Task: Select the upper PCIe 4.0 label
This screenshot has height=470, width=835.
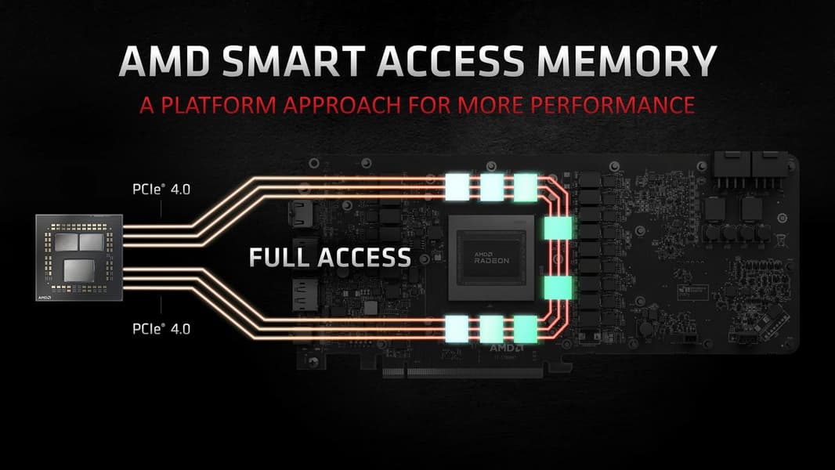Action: click(x=161, y=189)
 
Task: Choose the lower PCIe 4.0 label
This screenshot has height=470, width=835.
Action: click(x=161, y=328)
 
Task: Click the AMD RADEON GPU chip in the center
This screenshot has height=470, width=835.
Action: click(x=491, y=258)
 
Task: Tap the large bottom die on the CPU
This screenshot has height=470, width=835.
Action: click(x=79, y=269)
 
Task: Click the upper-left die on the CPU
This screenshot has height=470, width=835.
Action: click(x=66, y=242)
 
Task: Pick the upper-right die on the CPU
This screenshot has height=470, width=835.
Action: click(x=92, y=242)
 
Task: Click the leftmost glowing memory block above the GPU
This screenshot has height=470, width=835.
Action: click(x=457, y=187)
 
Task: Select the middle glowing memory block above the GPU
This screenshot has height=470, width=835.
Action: click(x=491, y=187)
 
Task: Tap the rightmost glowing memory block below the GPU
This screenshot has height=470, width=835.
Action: click(x=525, y=329)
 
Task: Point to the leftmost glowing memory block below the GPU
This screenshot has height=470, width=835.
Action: click(x=457, y=329)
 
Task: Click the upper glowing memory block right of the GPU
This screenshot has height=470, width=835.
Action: click(x=558, y=228)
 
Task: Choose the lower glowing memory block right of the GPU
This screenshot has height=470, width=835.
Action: click(x=558, y=287)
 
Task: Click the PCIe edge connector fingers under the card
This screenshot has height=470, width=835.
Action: click(x=462, y=372)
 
